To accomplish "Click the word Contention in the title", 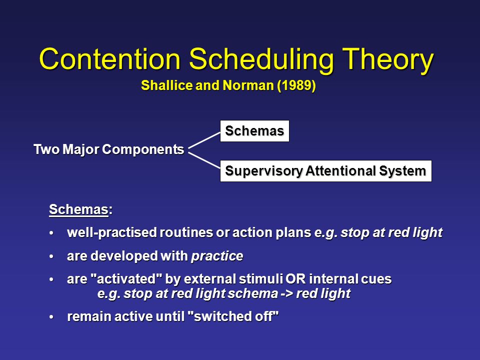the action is (110, 59).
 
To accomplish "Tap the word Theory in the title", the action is (388, 61).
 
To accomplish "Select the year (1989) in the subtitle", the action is (296, 85).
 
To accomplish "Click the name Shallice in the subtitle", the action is (166, 85).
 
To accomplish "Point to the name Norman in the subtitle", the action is (248, 85).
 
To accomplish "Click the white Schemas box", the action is (254, 131).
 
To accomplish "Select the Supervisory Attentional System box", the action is (325, 171).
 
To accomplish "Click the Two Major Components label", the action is (108, 149).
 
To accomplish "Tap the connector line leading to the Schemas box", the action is (204, 140).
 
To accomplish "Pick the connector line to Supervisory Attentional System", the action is (204, 160).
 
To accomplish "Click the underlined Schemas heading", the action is (78, 209).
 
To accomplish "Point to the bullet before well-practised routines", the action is (51, 233).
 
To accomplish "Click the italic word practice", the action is (217, 256).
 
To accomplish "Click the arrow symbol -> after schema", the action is (287, 294).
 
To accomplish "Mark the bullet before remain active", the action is (51, 317).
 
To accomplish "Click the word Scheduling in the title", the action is (261, 61).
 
